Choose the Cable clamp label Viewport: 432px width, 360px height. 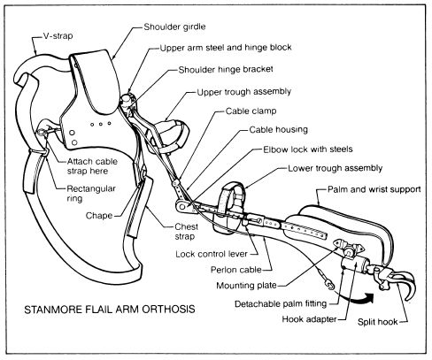click(x=260, y=112)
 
